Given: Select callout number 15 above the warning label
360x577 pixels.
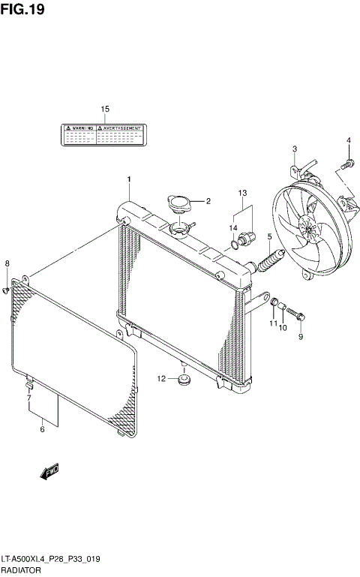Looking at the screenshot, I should (105, 110).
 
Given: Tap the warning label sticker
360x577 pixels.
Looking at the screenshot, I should (101, 134).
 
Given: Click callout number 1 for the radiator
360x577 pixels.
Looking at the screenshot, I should (129, 179).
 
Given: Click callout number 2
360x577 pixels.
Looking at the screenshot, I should (208, 201).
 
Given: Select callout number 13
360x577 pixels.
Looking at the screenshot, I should (242, 194).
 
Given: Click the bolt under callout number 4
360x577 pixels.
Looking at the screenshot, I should (347, 162).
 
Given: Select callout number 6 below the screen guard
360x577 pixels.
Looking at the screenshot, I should (43, 429).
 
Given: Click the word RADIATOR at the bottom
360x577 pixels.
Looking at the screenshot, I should (22, 571).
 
